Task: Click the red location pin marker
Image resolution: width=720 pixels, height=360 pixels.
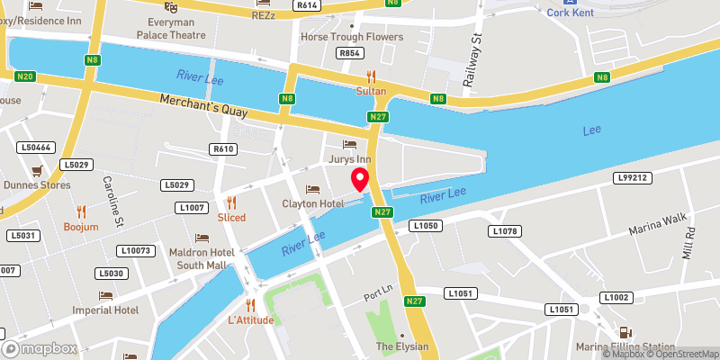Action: point(360,179)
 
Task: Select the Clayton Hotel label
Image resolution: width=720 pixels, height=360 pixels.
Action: point(312,203)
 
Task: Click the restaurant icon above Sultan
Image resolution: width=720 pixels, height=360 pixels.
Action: point(369,77)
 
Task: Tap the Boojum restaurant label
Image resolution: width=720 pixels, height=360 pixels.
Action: point(81,227)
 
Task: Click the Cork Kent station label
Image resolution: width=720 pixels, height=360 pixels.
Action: point(576,12)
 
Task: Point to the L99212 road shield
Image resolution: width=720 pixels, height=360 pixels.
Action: point(633,178)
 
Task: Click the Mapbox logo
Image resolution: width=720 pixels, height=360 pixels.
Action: point(40,348)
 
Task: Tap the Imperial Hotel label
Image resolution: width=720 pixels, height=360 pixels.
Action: point(105,310)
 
